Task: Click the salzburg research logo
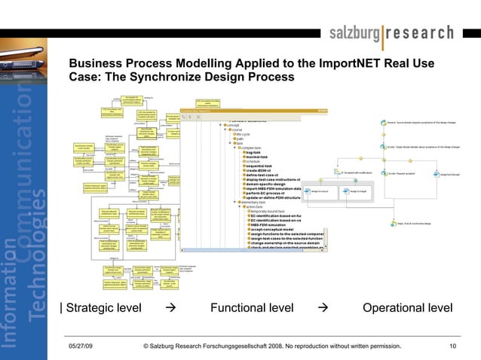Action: click(x=391, y=33)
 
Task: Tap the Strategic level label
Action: click(x=102, y=308)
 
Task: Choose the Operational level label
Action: click(x=407, y=308)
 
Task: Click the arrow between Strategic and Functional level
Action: click(x=170, y=308)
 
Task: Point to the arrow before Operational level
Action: click(x=323, y=308)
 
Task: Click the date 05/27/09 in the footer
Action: click(x=81, y=346)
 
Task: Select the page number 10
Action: click(x=452, y=346)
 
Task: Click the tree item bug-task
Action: click(x=257, y=153)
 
